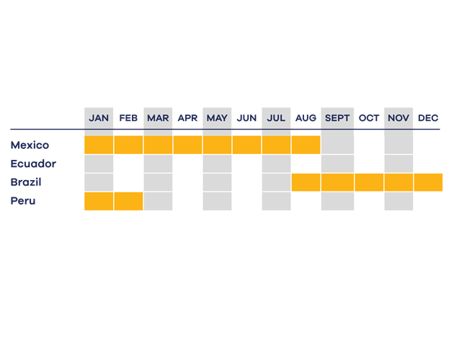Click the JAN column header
[99, 118]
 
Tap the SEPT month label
[337, 118]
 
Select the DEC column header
[428, 118]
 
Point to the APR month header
[187, 118]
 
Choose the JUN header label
[246, 118]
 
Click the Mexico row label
[30, 145]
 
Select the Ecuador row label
[33, 163]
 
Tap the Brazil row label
[26, 182]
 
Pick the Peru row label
[23, 201]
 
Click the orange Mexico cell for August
[306, 145]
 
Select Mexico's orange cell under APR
[187, 145]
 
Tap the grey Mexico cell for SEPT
[337, 145]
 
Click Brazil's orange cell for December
[428, 182]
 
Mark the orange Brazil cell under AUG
[306, 182]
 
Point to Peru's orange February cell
[128, 201]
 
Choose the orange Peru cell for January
[99, 201]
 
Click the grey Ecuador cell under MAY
[217, 163]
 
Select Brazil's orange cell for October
[369, 182]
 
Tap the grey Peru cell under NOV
[399, 201]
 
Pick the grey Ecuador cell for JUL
[276, 163]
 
